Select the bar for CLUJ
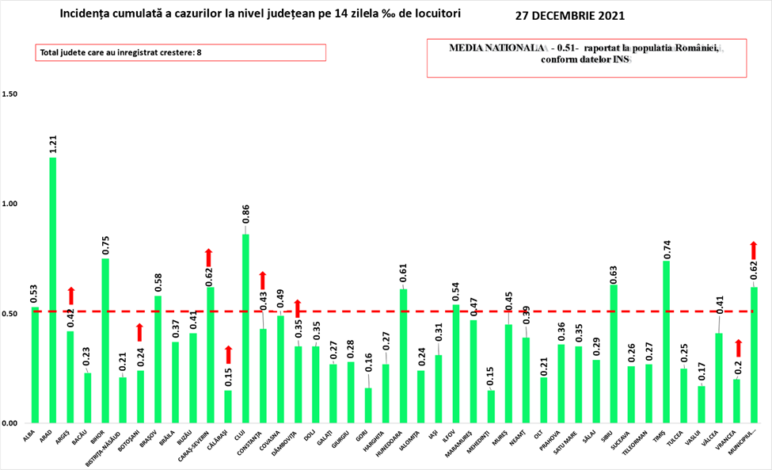pos(245,328)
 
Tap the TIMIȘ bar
pos(666,342)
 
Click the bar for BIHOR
pos(105,341)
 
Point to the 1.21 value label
pos(52,143)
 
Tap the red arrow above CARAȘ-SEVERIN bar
pos(210,257)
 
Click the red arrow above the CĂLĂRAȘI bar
pos(228,354)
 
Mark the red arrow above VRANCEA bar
pos(737,347)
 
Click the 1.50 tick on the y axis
pos(10,94)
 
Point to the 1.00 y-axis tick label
pos(10,204)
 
